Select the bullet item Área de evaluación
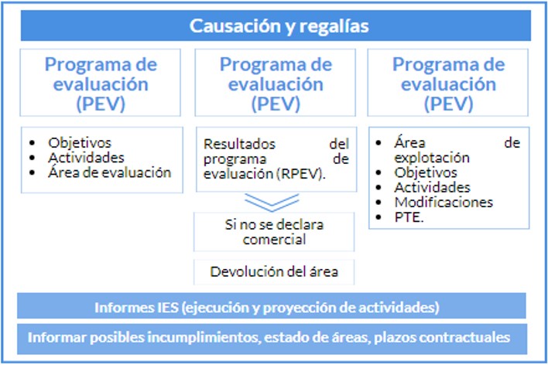(109, 172)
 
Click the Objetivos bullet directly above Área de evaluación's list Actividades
(80, 143)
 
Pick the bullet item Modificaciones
(444, 202)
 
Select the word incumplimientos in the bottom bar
(187, 338)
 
